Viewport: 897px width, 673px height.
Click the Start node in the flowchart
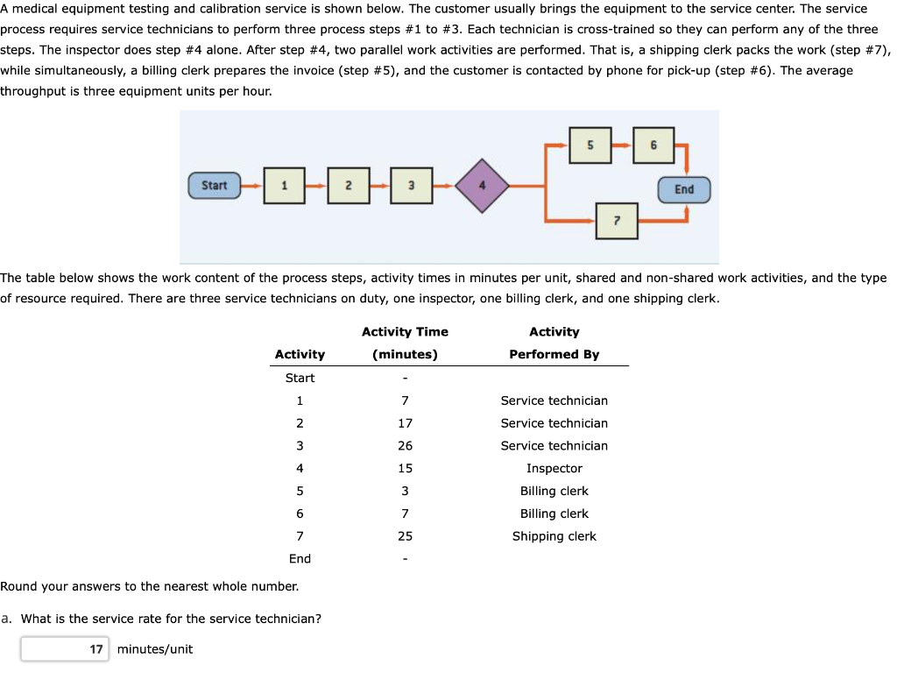click(x=214, y=186)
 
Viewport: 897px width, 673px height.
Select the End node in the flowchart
click(x=684, y=189)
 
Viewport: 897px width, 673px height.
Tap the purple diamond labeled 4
click(x=480, y=185)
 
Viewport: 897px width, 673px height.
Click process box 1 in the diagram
click(x=284, y=186)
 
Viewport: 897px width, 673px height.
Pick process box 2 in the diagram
click(x=348, y=186)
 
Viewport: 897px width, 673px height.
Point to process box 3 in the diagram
click(x=412, y=186)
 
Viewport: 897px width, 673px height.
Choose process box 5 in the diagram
click(x=590, y=145)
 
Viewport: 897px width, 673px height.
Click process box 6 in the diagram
click(x=653, y=145)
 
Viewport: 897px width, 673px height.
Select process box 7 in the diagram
click(x=617, y=220)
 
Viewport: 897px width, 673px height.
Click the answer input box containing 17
click(x=66, y=649)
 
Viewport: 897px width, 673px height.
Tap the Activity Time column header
click(x=405, y=343)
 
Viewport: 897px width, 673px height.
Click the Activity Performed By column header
click(x=554, y=343)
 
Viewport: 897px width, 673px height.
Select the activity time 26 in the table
click(x=405, y=446)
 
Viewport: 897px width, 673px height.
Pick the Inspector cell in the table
click(x=554, y=469)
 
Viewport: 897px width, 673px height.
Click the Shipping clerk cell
click(x=554, y=536)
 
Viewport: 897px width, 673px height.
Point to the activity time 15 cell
click(x=405, y=469)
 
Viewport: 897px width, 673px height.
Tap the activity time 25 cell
click(x=405, y=536)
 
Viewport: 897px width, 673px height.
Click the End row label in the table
click(x=300, y=559)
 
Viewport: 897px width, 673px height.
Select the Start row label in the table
click(x=300, y=378)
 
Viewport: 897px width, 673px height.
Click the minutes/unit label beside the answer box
click(x=155, y=649)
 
